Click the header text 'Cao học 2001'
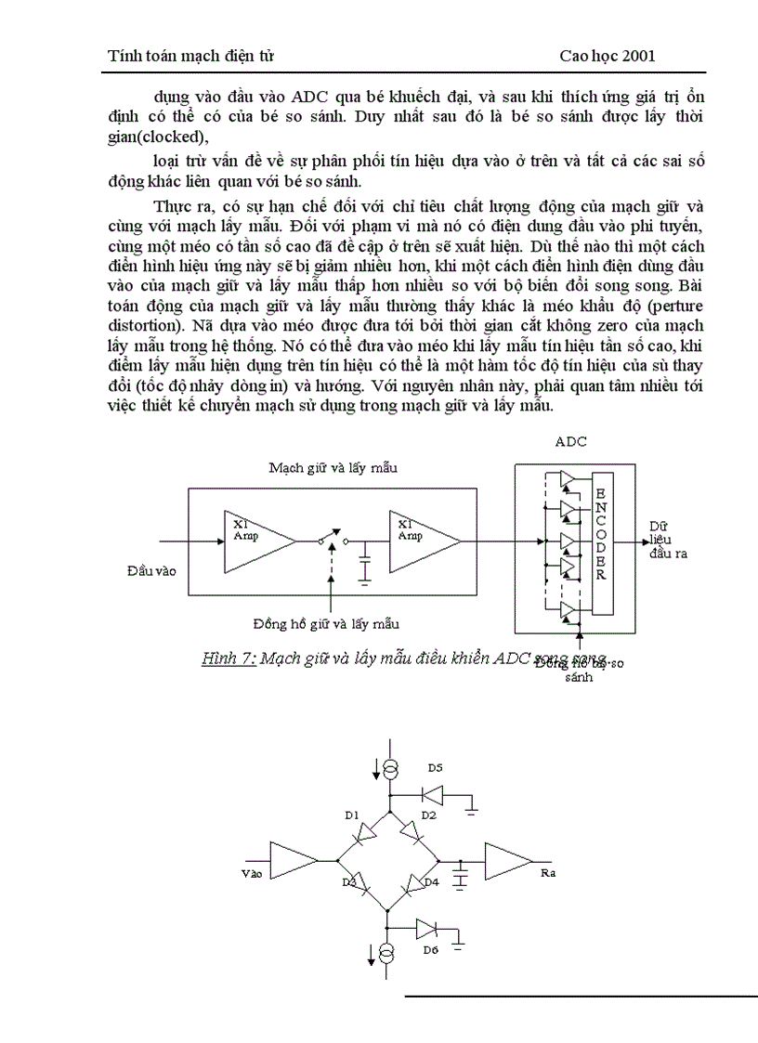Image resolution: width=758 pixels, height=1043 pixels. click(608, 56)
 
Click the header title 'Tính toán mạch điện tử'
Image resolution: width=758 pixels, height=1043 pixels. click(190, 56)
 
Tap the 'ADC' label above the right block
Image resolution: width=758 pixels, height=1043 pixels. click(569, 442)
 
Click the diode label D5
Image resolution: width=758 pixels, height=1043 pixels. click(436, 768)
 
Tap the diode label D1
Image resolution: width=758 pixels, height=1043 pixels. click(351, 815)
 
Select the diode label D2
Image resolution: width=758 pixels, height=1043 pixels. click(428, 815)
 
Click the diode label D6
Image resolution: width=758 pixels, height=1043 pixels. click(429, 949)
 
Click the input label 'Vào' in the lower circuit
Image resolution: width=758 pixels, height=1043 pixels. click(252, 874)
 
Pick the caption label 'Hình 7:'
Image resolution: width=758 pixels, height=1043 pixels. click(229, 659)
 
